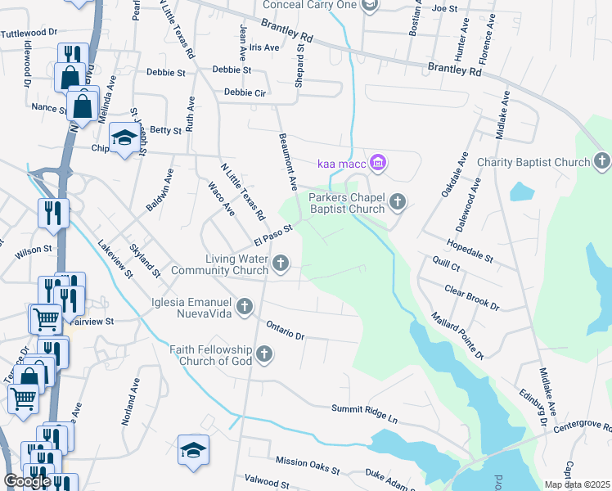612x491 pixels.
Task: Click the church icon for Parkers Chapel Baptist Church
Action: click(x=398, y=201)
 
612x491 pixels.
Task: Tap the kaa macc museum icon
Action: click(x=377, y=164)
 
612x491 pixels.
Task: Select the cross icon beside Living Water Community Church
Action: click(x=281, y=263)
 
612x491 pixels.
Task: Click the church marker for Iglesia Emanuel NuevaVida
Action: click(x=244, y=307)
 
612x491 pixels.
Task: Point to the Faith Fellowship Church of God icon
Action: click(x=263, y=354)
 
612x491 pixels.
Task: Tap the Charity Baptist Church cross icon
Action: click(x=602, y=161)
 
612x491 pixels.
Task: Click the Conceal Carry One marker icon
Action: click(x=370, y=6)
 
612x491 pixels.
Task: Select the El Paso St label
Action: click(x=272, y=234)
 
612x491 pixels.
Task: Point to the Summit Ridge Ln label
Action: click(x=364, y=413)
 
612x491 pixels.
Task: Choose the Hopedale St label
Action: click(x=470, y=251)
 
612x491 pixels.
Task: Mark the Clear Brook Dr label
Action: click(x=471, y=297)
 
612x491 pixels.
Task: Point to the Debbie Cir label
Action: click(x=245, y=92)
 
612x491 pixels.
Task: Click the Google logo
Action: click(x=27, y=481)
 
